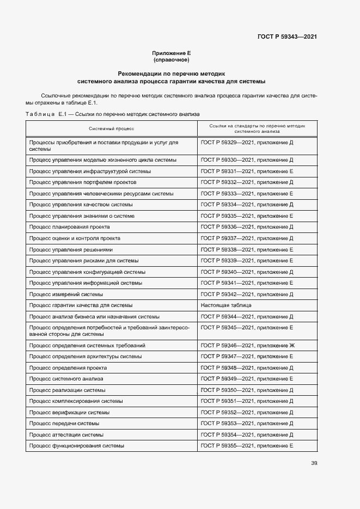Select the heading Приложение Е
point(171,53)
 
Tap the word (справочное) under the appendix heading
point(171,59)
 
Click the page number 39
point(314,463)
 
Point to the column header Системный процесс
point(111,128)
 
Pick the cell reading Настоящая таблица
point(226,305)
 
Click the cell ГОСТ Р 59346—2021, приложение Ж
point(248,346)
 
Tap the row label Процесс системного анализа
point(66,379)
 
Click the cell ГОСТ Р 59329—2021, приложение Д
point(247,143)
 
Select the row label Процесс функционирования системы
point(77,446)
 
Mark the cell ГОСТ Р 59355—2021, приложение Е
point(247,446)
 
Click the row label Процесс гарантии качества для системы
point(81,305)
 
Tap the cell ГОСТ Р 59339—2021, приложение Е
point(247,261)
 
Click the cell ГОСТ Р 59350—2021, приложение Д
point(247,390)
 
